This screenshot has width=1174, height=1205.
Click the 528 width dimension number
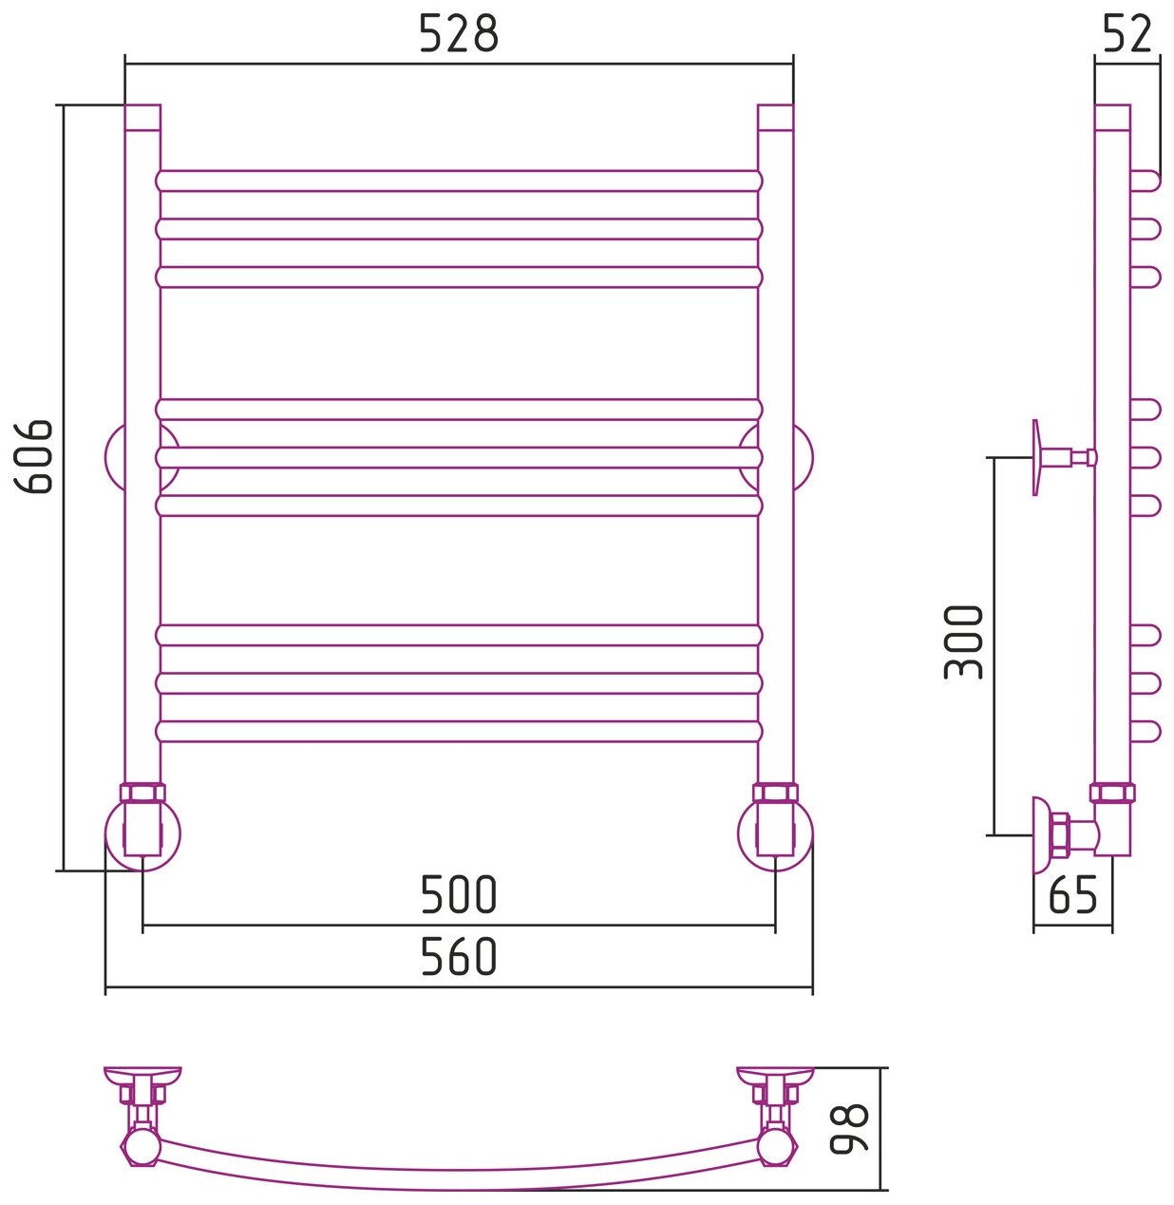point(458,35)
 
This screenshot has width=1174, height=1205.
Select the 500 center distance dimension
point(458,895)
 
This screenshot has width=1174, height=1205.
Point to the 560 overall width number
point(458,957)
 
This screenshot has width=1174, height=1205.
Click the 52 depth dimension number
point(1127,35)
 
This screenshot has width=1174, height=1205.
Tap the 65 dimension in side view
point(1073,895)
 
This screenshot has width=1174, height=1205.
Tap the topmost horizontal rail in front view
point(459,181)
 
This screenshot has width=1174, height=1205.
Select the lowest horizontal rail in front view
point(459,731)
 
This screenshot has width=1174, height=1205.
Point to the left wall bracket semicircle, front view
point(114,457)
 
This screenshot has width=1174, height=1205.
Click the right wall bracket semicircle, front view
point(804,457)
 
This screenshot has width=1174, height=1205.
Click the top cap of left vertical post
point(142,117)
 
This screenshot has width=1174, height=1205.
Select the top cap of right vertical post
point(775,117)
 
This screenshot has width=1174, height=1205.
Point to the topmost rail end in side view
point(1146,181)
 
